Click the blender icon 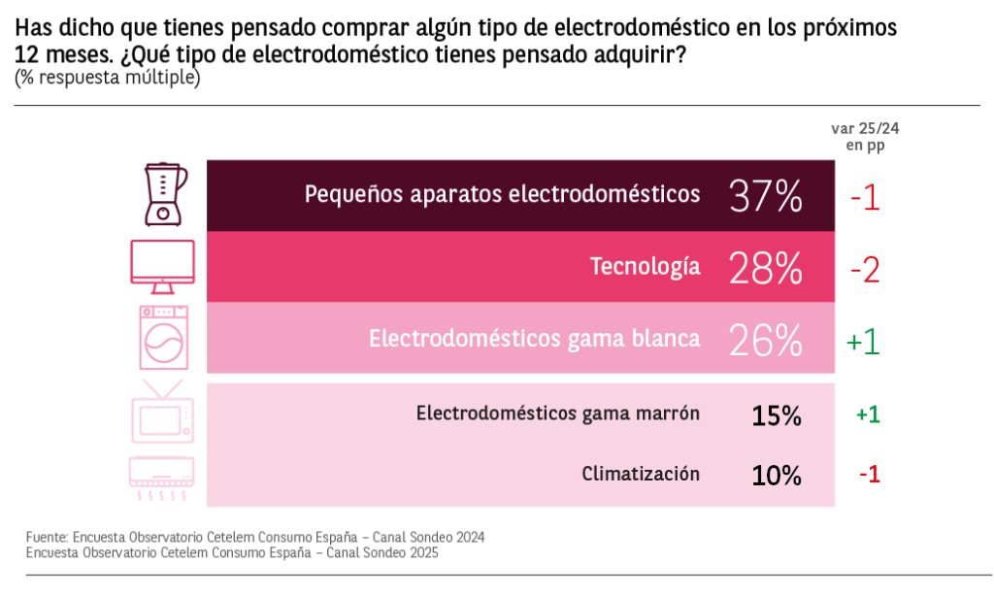[x=164, y=194]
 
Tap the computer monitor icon [x=162, y=266]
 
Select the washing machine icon [x=162, y=337]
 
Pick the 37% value [x=766, y=195]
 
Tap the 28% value [x=766, y=267]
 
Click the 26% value [x=766, y=339]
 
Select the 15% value [x=777, y=416]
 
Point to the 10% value [x=777, y=476]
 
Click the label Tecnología [x=645, y=267]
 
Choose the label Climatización [x=641, y=474]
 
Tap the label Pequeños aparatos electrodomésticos [x=502, y=194]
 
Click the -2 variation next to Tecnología [x=864, y=269]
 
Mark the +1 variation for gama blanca [x=863, y=341]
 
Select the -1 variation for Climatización [x=869, y=475]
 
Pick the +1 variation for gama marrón [x=868, y=414]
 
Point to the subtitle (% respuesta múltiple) [x=107, y=78]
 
